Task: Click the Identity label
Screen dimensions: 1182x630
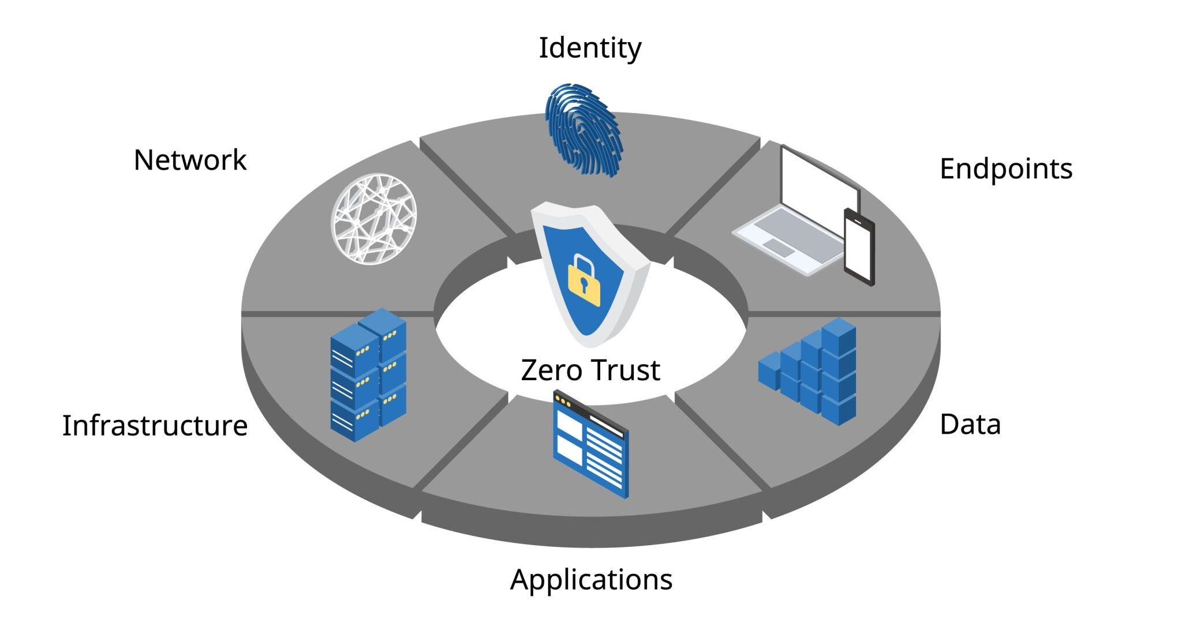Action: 589,48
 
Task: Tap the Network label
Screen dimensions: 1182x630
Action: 190,160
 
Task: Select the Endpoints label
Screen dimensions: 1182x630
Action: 1005,170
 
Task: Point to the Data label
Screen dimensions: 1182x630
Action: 970,424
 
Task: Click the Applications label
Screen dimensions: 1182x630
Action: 591,580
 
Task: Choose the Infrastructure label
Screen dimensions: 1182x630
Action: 155,425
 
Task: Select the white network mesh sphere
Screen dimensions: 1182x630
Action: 374,219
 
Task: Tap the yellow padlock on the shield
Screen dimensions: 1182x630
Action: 584,281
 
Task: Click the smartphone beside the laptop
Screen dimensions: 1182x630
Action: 859,247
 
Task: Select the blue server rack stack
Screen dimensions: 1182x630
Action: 368,375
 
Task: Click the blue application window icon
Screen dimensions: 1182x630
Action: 590,444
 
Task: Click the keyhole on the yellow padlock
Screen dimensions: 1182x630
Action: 584,284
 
